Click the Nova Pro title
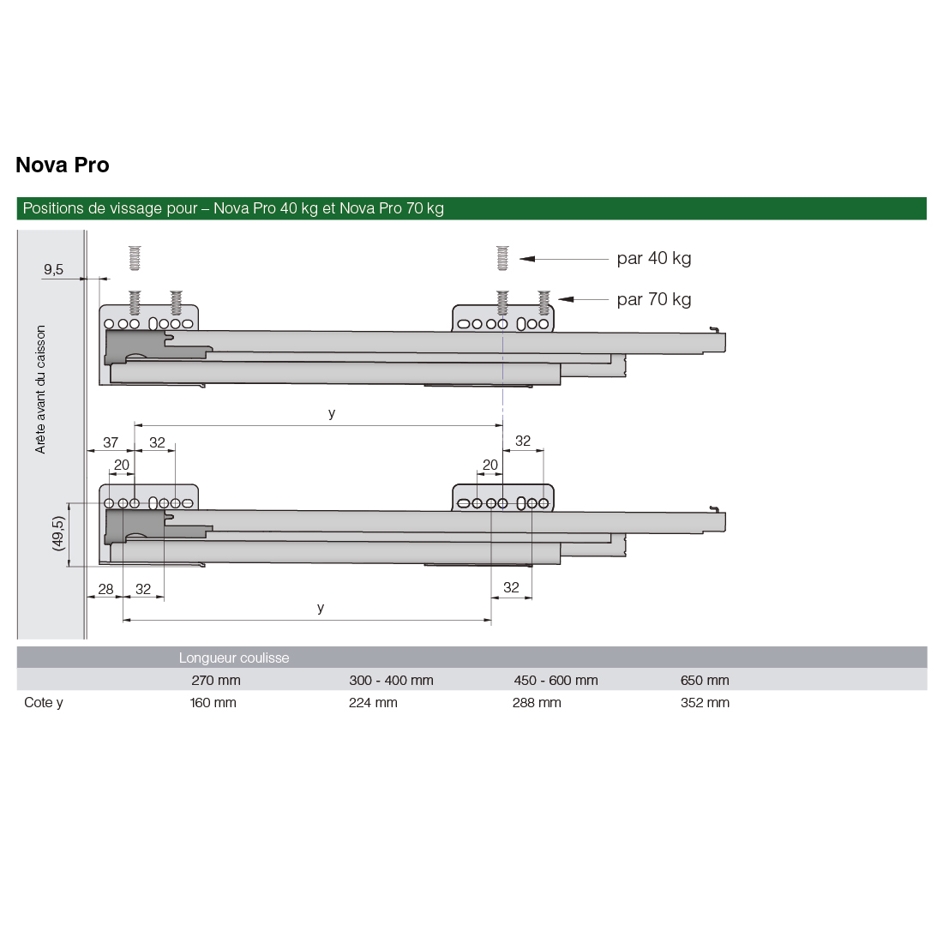63,165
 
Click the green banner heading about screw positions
233,208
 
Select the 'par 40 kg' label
653,258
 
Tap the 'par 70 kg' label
653,299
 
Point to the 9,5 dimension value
53,269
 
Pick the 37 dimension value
111,442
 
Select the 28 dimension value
105,589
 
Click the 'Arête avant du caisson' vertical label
40,388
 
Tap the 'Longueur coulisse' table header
234,658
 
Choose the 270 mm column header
216,680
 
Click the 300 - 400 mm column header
391,680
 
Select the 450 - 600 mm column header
556,680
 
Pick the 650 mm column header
705,680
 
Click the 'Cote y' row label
44,702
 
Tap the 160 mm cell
213,702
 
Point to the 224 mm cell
373,702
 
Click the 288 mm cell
537,702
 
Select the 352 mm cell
705,702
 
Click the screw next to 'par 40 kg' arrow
502,257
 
